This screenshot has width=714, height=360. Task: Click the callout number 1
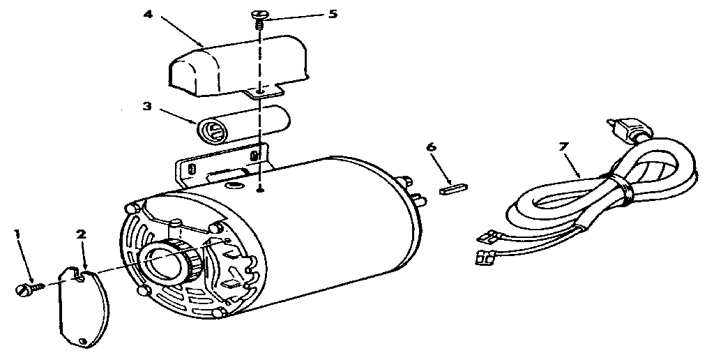tap(17, 234)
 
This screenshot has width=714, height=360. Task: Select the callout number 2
tap(81, 234)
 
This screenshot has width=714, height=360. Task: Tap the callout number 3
tap(147, 106)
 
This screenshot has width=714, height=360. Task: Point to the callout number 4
tap(148, 14)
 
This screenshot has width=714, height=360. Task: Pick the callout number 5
tap(333, 14)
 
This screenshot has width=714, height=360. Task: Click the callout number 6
tap(431, 148)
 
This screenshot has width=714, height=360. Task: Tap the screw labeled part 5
tap(258, 19)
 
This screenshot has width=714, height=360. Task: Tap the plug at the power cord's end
tap(628, 128)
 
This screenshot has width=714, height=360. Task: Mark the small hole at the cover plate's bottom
tap(82, 340)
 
